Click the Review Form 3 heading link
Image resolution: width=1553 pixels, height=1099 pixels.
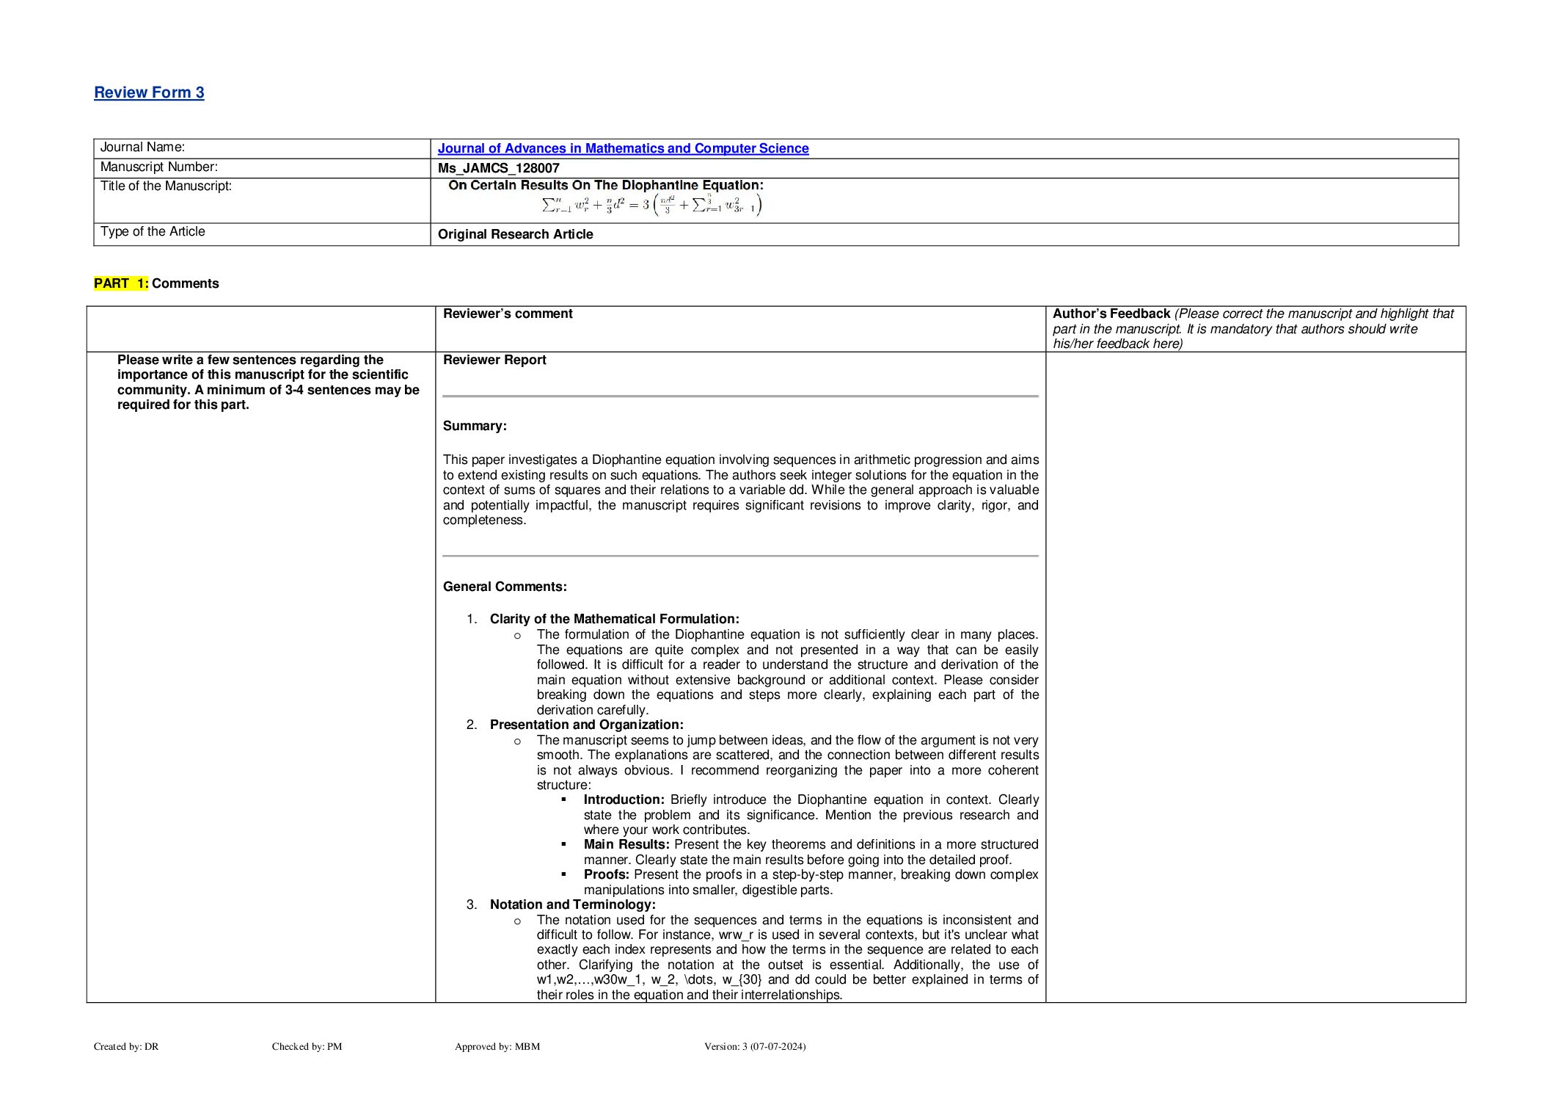point(149,93)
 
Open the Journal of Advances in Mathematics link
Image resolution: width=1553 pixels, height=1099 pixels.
point(623,148)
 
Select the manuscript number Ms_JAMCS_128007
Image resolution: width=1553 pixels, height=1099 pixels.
point(498,168)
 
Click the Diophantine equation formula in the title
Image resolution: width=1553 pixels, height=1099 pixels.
point(651,205)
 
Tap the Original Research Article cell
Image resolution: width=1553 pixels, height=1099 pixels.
point(515,234)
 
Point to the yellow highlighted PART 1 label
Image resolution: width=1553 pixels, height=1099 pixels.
point(121,283)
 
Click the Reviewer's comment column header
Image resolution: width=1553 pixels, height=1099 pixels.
point(508,313)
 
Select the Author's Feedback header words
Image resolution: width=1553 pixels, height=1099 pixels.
point(1111,313)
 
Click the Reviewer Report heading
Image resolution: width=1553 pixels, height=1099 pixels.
point(494,360)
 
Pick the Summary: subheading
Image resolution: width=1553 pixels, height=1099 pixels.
point(475,426)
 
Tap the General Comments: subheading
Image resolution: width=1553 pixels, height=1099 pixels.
point(505,587)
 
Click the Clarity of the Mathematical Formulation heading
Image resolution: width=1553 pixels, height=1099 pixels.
point(614,619)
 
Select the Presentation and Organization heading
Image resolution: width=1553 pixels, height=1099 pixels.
point(586,725)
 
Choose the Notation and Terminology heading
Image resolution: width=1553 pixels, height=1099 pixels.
point(572,904)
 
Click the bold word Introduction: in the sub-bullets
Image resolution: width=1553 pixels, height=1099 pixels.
point(624,799)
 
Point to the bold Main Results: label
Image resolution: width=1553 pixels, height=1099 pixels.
point(626,844)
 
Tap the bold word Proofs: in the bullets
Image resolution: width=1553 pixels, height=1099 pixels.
point(606,874)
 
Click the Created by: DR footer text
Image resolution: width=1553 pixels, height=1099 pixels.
point(126,1046)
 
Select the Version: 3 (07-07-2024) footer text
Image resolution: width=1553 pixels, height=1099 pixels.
point(754,1046)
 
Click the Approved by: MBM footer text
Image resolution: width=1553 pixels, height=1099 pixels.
point(497,1046)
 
